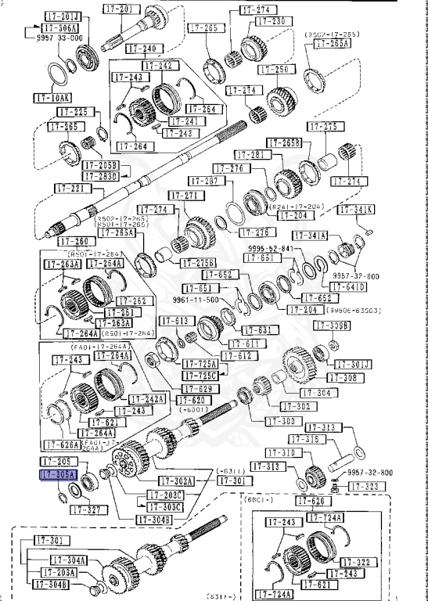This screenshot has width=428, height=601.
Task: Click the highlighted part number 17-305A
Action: pyautogui.click(x=58, y=475)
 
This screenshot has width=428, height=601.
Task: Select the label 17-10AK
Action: pyautogui.click(x=52, y=98)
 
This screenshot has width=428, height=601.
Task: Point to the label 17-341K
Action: pyautogui.click(x=358, y=209)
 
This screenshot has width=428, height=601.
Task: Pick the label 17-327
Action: pyautogui.click(x=88, y=509)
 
